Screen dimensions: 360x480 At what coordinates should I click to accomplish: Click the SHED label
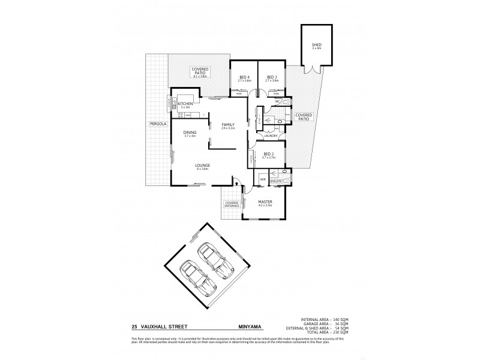[x=316, y=45]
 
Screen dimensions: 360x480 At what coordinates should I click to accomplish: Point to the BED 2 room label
[x=268, y=155]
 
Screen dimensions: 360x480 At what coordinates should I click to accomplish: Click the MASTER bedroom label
[x=265, y=203]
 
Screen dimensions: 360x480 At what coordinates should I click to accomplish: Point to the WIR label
[x=263, y=179]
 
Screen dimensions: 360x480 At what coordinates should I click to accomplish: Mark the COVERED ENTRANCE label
[x=232, y=204]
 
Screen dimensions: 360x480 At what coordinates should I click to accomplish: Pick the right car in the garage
[x=214, y=259]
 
